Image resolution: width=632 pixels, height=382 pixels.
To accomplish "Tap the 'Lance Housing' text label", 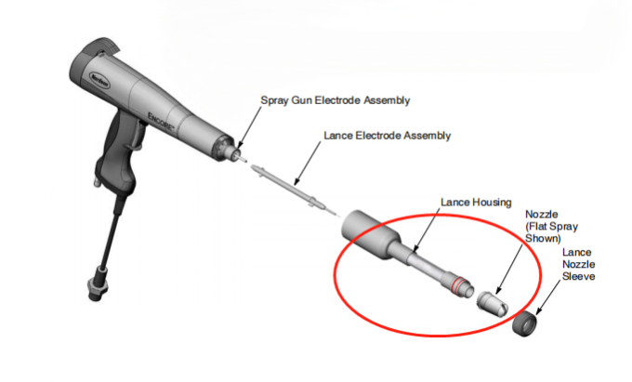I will click(x=475, y=202).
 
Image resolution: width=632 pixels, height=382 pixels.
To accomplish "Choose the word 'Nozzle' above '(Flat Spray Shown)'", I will click(x=542, y=213).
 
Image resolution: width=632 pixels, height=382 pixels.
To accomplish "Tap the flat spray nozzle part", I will click(x=490, y=300).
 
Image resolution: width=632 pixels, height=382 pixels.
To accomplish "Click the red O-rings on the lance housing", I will click(x=457, y=280).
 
